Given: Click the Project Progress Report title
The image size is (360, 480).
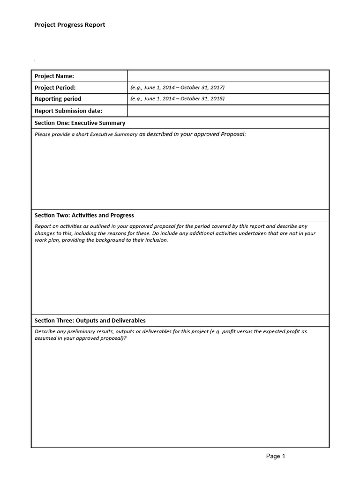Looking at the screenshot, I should pos(69,25).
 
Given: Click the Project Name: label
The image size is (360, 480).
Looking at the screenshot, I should pos(54,76).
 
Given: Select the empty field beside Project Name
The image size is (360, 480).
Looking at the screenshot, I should pos(228,76).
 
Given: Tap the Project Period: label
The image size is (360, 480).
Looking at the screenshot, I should pos(55,87).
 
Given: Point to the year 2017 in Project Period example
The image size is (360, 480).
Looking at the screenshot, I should pos(217,87).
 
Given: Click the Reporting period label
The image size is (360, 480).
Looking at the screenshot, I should pos(58,99).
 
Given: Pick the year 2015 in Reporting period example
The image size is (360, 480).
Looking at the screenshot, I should pos(217,99).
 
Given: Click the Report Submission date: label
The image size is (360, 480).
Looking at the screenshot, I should pos(68,111).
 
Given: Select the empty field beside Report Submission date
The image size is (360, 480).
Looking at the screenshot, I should pos(228,111).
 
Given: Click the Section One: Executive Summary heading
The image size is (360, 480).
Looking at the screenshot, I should pos(80,123).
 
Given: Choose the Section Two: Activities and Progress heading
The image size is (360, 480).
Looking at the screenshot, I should pos(84,215).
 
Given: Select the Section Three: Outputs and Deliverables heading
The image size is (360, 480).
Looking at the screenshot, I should pos(90,321).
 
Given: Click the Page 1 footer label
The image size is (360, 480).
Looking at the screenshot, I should pos(276,456).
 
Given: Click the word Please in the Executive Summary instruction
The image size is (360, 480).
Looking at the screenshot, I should pos(42,135).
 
